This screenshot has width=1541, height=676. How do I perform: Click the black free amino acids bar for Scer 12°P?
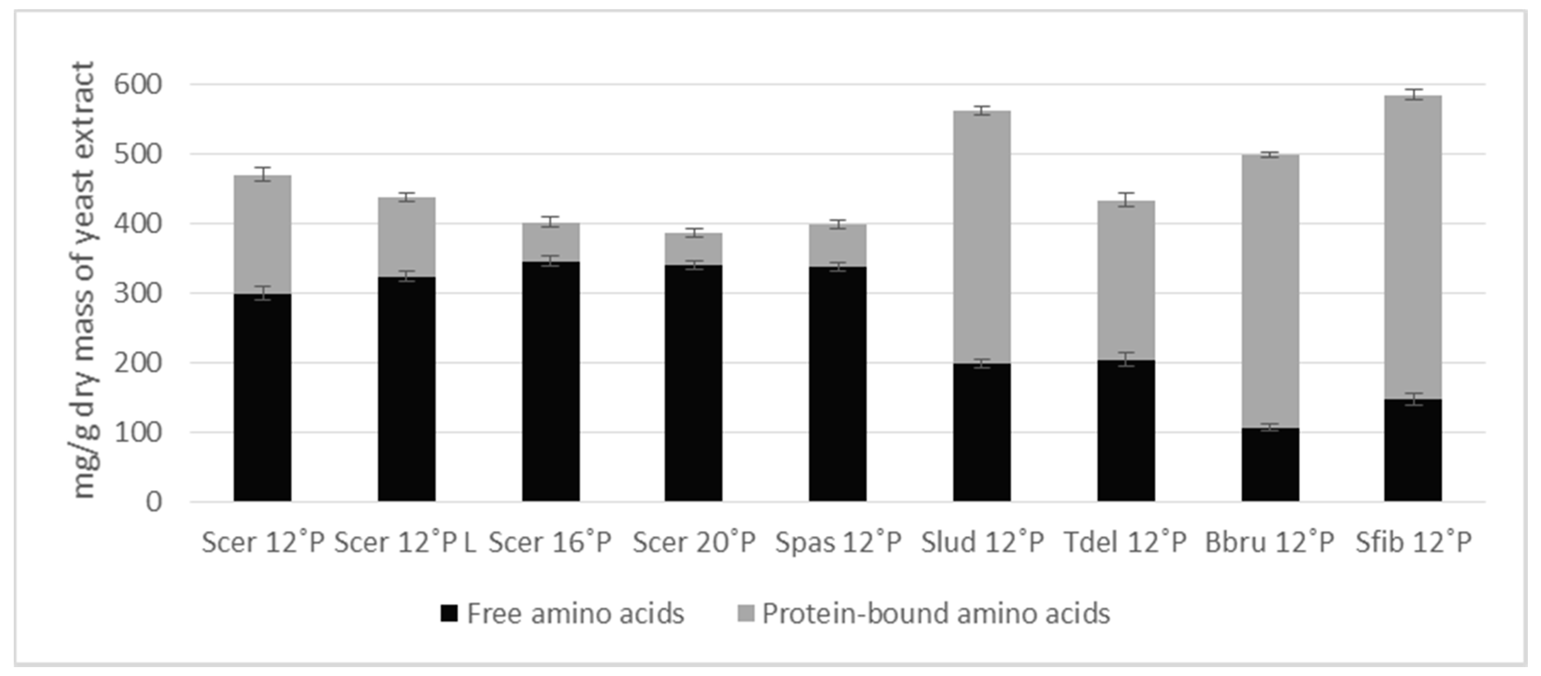(262, 397)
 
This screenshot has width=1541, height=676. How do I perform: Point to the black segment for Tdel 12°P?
(1126, 431)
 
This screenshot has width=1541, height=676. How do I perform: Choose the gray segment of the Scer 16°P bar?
(551, 242)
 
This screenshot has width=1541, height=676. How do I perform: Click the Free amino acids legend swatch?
(449, 613)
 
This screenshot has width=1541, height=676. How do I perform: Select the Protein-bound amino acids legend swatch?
(746, 613)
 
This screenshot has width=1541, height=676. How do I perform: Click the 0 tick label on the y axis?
(154, 502)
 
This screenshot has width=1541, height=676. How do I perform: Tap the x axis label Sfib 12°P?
(1413, 542)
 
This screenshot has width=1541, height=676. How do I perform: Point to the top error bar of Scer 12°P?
(262, 174)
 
